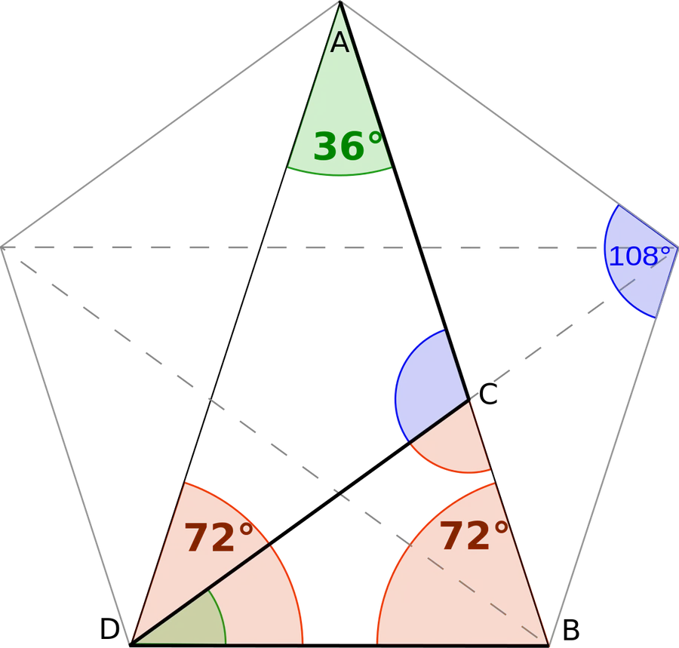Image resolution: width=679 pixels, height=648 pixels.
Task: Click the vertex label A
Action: pos(339,42)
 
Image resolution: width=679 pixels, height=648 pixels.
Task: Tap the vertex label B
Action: pos(571,630)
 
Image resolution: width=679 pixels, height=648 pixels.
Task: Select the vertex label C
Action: pos(488,395)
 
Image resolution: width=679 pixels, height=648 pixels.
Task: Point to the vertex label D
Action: pos(109,629)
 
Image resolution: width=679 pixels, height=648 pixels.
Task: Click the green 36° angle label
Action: pos(348,146)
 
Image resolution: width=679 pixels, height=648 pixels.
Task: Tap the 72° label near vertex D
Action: pos(219,537)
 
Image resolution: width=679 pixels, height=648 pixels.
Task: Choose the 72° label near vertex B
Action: pos(474,536)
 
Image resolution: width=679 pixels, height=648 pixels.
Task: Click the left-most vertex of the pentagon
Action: pos(2,247)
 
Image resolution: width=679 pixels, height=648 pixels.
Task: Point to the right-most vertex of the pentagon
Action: pos(677,247)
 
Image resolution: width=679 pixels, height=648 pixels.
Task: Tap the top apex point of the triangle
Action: pos(340,2)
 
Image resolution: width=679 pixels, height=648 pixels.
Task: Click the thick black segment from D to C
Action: pos(300,523)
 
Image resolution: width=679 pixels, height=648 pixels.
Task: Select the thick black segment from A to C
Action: pos(405,201)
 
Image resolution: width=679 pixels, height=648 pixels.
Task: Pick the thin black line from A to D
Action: pos(235,324)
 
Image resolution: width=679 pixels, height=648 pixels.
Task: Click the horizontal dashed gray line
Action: pos(339,247)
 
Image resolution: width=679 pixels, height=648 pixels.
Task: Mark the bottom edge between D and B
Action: pos(340,645)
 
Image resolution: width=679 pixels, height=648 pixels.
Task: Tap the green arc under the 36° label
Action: pos(339,175)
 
